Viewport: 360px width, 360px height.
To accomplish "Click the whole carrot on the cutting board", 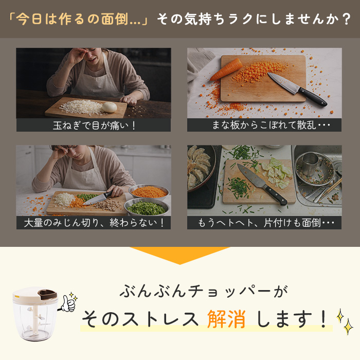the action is coord(226,69).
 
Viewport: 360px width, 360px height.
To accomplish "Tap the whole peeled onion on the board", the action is coord(110,107).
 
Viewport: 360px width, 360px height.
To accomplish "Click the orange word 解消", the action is coord(226,319).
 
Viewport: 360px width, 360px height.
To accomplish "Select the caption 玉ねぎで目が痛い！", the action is coord(94,125).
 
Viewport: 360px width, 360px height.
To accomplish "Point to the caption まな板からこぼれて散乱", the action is coord(264,125).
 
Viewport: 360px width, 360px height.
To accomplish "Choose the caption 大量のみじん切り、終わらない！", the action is coord(94,223).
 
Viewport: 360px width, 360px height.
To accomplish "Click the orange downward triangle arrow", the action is coord(180,255).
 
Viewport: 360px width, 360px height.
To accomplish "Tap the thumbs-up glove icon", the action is coord(68,303).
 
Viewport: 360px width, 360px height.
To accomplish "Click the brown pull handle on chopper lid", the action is coord(47,294).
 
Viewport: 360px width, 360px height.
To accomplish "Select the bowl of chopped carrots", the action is coord(149,192).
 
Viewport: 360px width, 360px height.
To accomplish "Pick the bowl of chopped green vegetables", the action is coord(147,207).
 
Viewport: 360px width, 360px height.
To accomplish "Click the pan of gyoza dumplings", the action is coord(200,169).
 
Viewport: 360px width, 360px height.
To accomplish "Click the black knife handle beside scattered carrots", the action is coord(313,97).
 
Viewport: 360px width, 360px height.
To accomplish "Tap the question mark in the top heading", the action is coord(346,19).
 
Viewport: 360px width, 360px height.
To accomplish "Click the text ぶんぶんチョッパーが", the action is coord(204,291).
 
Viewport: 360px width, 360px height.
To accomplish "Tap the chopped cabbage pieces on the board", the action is coord(277,172).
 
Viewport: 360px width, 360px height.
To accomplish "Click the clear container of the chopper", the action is coord(34,320).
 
